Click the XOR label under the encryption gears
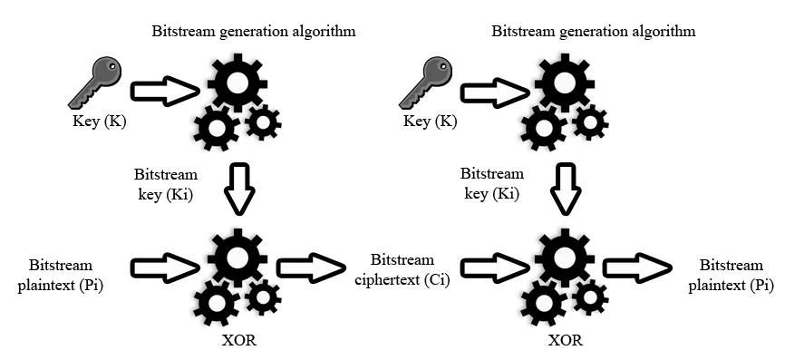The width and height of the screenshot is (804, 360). click(x=239, y=341)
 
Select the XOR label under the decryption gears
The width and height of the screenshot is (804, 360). click(x=566, y=341)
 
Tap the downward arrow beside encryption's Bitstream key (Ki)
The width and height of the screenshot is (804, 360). click(x=238, y=186)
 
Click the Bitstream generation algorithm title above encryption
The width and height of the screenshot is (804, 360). click(x=253, y=32)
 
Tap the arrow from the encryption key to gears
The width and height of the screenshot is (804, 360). click(x=166, y=91)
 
